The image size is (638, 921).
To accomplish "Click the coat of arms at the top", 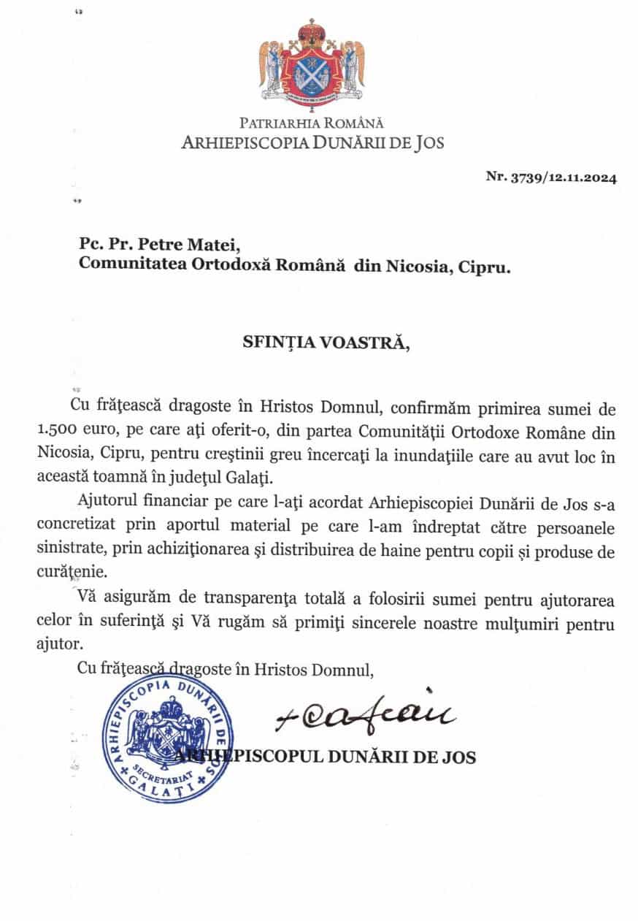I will pyautogui.click(x=312, y=61).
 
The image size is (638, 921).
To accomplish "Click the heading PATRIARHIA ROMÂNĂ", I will pyautogui.click(x=312, y=123).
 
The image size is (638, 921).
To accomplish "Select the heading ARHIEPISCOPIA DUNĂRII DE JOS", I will pyautogui.click(x=312, y=142).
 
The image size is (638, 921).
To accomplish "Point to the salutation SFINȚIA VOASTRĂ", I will pyautogui.click(x=322, y=344).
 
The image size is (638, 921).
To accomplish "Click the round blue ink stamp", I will pyautogui.click(x=169, y=740).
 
